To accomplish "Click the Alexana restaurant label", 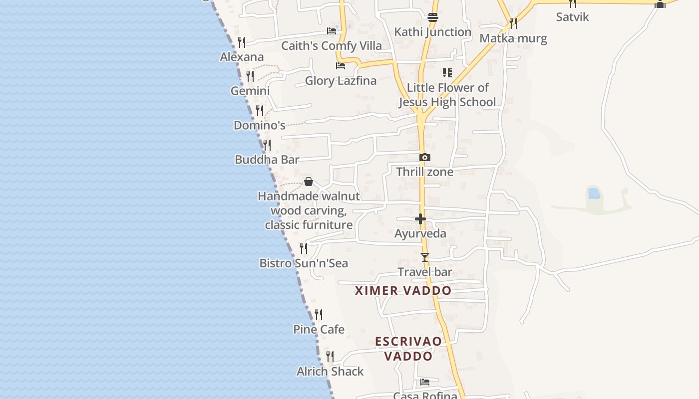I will click(x=242, y=57).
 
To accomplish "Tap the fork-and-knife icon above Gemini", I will click(x=250, y=76).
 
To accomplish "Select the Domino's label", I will click(x=260, y=125).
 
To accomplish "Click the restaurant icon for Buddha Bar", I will click(x=267, y=145).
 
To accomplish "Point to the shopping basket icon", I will click(x=309, y=182).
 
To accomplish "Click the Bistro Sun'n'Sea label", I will click(x=304, y=263).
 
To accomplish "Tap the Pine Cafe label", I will click(x=319, y=329).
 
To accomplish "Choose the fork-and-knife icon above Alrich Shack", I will click(x=330, y=356).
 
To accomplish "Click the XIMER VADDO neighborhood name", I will click(x=403, y=290).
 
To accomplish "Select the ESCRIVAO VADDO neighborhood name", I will click(x=408, y=349).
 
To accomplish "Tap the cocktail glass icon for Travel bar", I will click(x=425, y=257).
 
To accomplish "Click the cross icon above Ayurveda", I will click(x=420, y=219).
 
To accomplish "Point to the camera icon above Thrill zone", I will click(x=425, y=158).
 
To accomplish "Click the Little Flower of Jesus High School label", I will click(x=447, y=95).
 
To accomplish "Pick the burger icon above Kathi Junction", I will click(x=433, y=17).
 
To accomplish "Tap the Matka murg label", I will click(x=513, y=38).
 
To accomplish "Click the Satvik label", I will click(x=573, y=17).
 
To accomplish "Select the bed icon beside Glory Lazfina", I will click(x=341, y=65).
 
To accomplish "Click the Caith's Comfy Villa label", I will click(x=332, y=46).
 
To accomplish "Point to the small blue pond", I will click(x=594, y=193).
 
